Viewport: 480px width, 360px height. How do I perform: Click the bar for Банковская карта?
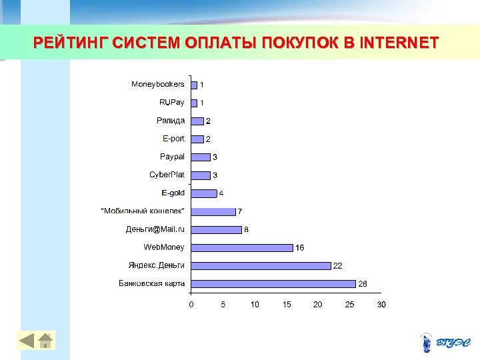(x=273, y=283)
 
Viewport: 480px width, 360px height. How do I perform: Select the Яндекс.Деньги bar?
(x=261, y=265)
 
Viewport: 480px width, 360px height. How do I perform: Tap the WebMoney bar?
(x=242, y=247)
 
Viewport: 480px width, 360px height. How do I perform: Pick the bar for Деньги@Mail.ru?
(x=216, y=229)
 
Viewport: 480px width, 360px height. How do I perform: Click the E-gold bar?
(x=204, y=193)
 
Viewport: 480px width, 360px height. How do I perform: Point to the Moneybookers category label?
(x=158, y=85)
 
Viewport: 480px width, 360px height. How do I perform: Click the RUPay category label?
(x=172, y=103)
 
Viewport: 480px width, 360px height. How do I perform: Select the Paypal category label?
(x=172, y=157)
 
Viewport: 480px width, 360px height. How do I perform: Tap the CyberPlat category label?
(x=167, y=175)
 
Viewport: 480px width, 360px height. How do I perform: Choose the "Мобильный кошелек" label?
(x=143, y=211)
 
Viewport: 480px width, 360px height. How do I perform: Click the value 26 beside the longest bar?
(x=363, y=284)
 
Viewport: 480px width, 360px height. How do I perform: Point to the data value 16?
(x=300, y=248)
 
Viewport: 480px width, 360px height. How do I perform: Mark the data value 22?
(x=338, y=266)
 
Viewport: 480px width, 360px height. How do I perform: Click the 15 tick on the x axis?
(x=287, y=305)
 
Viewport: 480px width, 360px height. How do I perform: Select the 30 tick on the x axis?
(x=381, y=305)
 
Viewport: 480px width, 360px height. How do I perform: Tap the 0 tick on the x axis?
(x=191, y=305)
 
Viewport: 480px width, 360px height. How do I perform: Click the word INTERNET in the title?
(x=399, y=43)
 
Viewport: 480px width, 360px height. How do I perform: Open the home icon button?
(x=45, y=341)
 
